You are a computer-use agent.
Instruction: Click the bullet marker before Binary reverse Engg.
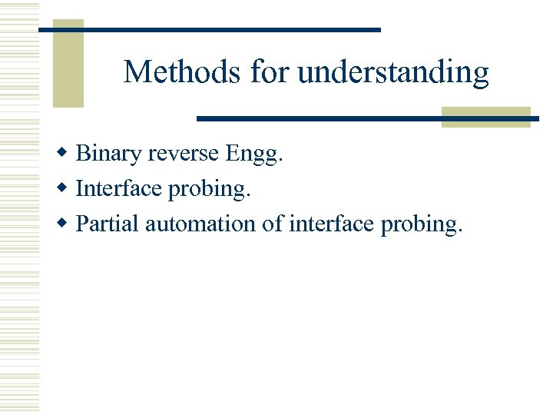point(66,154)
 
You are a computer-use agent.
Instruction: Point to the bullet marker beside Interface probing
point(66,189)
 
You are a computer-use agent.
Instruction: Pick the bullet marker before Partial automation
point(66,224)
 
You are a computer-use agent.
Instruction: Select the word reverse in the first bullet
point(184,154)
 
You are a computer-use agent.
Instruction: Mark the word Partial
point(108,224)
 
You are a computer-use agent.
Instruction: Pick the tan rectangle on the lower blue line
point(485,117)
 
